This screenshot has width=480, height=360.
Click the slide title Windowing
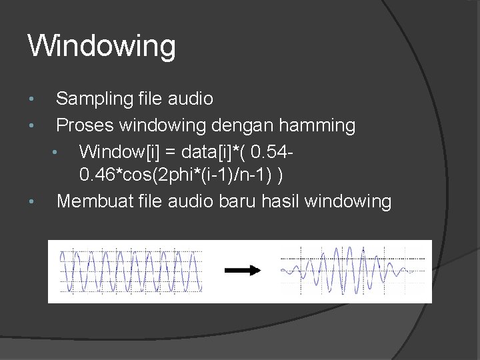tap(102, 47)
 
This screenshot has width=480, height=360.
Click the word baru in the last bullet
tap(235, 201)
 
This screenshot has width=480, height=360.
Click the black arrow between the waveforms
tap(243, 270)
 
